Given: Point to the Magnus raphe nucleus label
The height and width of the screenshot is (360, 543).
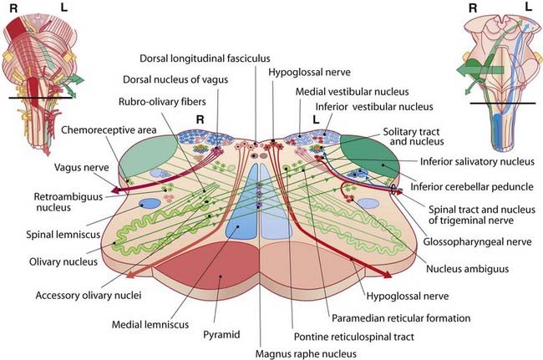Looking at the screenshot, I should [x=288, y=351].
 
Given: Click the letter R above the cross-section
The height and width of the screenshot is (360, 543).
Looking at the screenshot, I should [x=200, y=119].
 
